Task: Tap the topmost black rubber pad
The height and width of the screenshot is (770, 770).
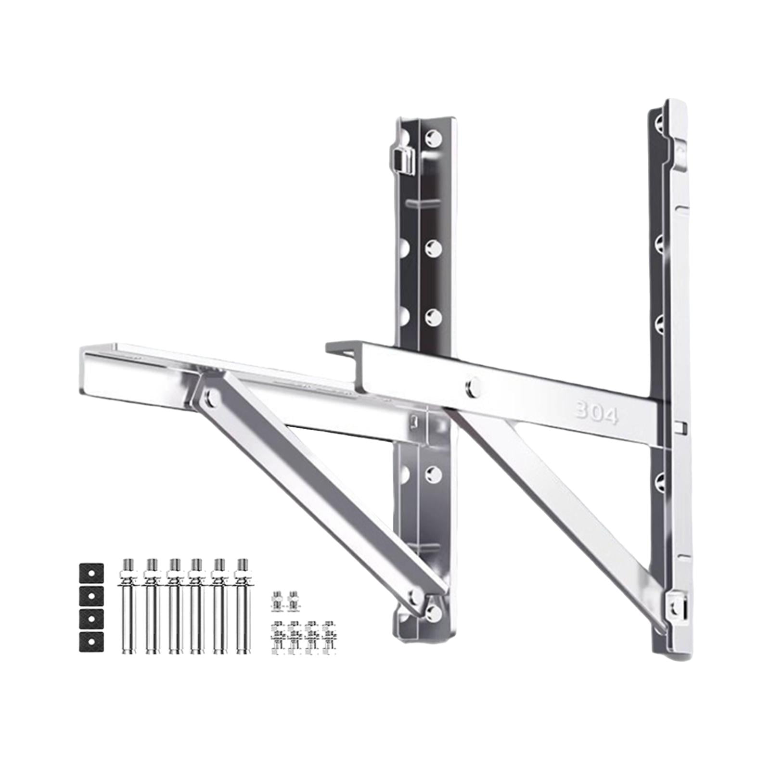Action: coord(91,573)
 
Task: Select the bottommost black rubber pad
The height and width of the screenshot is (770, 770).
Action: coord(91,642)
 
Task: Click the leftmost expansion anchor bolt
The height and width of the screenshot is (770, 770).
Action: coord(126,606)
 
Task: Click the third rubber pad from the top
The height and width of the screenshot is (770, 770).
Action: coord(91,619)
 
